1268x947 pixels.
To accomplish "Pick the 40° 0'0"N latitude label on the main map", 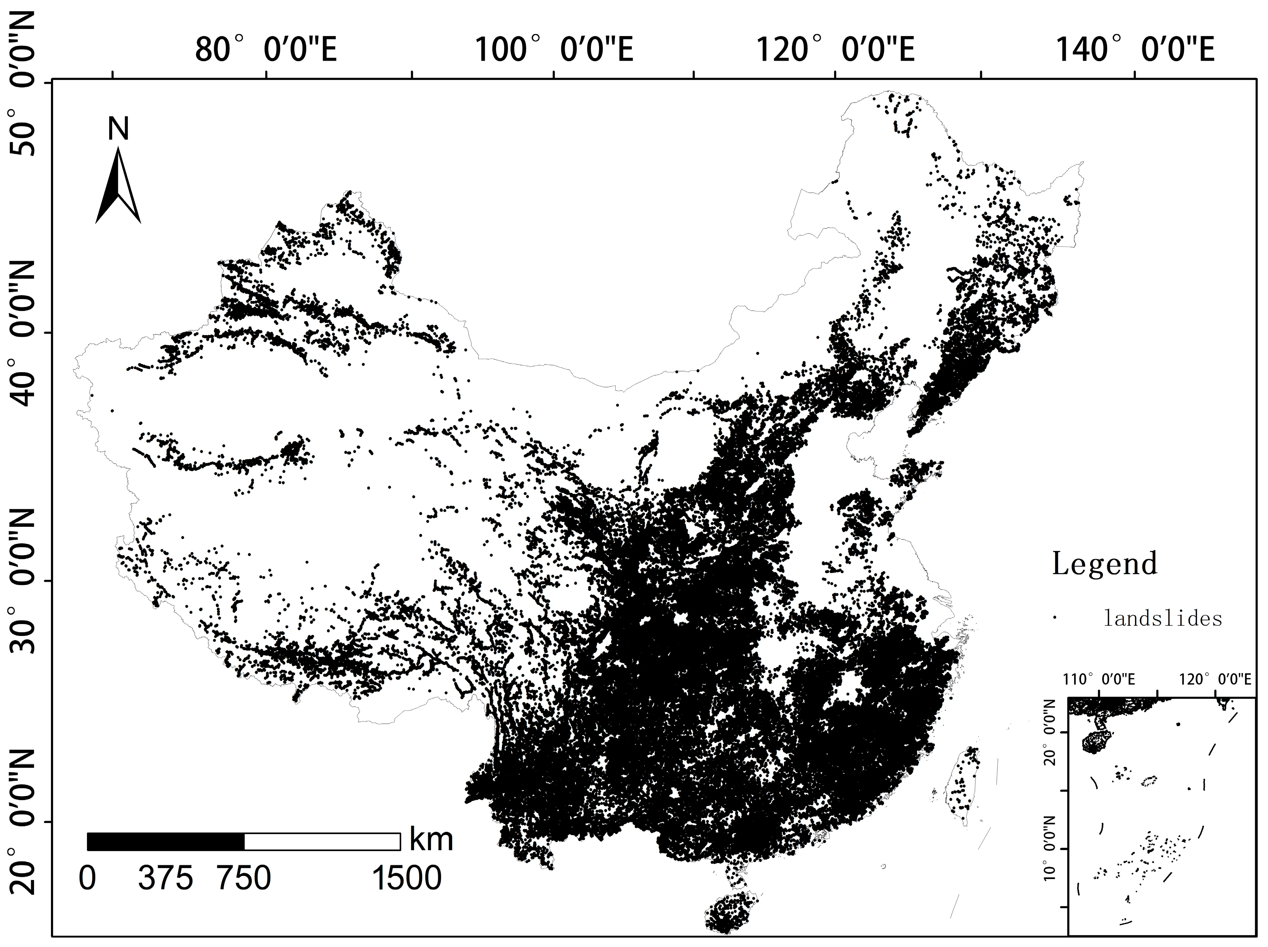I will [23, 332].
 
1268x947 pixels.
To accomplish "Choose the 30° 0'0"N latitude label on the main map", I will [23, 581].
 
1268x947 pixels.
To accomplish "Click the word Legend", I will [1104, 564].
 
